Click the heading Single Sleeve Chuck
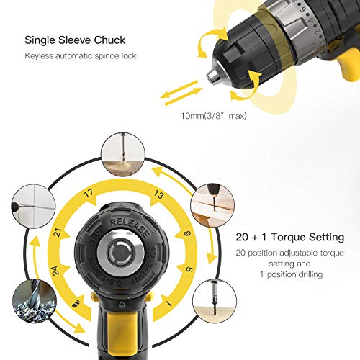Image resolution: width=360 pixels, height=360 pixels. point(75,40)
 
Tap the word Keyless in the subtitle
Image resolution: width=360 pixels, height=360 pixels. point(38,55)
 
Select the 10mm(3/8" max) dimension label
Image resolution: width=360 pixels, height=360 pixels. point(214,116)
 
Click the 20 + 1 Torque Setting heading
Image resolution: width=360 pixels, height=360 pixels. point(290,237)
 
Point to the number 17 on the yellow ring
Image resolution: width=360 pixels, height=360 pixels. point(88,193)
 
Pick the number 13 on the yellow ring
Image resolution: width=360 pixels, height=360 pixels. point(158,194)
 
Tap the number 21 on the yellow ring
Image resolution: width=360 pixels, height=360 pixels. point(58,233)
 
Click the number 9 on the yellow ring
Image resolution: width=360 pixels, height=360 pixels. point(187,233)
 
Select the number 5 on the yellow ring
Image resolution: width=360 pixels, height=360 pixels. point(189,269)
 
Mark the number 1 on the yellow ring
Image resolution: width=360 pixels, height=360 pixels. point(169,303)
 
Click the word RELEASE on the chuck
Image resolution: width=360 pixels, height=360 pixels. point(129,226)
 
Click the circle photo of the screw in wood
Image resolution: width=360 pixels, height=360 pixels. point(215,301)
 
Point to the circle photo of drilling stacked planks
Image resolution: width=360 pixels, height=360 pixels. point(212,206)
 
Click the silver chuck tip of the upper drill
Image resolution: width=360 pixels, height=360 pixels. point(213,76)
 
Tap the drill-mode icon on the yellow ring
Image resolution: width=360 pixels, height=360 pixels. point(76,304)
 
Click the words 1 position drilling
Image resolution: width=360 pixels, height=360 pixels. point(291,274)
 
